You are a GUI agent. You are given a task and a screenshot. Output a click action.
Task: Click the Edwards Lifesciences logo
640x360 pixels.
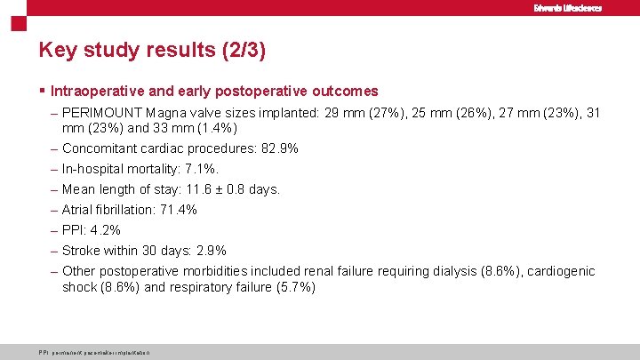(567, 8)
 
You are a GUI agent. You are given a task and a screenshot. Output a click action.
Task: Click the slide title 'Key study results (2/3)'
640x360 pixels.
(152, 50)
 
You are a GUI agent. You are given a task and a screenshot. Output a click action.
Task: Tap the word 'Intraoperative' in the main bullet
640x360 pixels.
(93, 91)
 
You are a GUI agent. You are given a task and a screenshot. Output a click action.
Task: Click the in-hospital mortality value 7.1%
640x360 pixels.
(200, 169)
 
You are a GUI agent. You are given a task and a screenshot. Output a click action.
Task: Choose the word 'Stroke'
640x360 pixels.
(81, 251)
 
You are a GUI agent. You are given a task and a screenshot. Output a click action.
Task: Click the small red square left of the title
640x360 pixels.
(16, 23)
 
